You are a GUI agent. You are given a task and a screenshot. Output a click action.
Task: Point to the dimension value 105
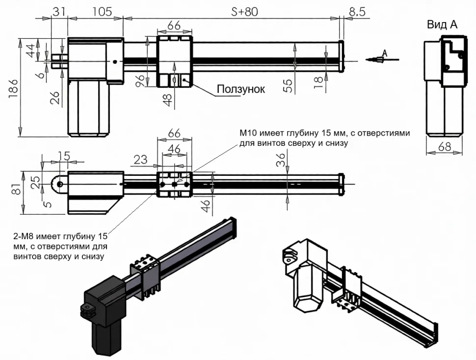click(x=102, y=11)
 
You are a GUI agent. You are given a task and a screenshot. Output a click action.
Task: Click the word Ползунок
click(x=240, y=89)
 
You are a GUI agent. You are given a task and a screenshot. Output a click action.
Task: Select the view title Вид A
click(x=442, y=25)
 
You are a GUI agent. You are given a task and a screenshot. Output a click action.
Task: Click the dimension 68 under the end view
click(x=445, y=146)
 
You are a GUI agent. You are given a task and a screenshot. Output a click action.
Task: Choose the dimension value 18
click(x=319, y=82)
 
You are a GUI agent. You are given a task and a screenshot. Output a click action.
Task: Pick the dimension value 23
click(x=141, y=159)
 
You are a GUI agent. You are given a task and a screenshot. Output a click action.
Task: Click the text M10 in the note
click(x=248, y=134)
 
